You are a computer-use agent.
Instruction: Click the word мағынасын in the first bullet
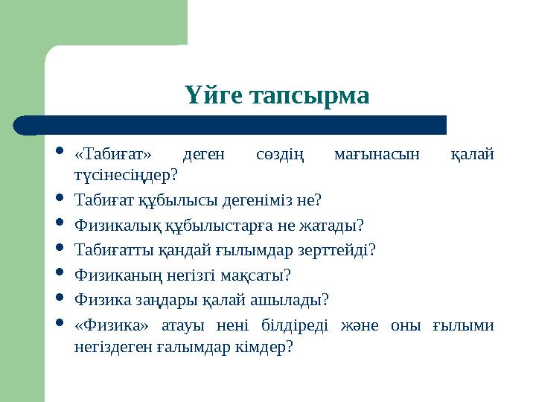377,155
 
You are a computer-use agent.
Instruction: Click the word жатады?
337,225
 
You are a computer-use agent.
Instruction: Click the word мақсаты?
261,275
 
